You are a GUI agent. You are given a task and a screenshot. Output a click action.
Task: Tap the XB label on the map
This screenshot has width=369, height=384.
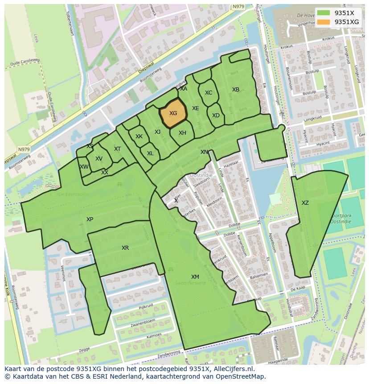236,90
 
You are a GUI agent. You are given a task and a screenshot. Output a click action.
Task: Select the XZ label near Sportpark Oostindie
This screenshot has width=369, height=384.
305,203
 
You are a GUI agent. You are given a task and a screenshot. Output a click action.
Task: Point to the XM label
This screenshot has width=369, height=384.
195,277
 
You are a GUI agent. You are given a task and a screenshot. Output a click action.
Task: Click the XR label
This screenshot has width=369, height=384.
125,248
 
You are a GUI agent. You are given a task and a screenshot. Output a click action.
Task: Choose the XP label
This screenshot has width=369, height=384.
90,219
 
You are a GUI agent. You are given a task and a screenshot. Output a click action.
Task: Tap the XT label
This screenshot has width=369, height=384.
117,149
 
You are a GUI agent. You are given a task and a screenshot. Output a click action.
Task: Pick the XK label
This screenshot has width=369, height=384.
139,136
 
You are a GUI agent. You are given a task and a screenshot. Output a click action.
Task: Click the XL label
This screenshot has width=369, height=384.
150,153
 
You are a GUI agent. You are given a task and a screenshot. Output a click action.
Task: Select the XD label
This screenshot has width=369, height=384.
216,116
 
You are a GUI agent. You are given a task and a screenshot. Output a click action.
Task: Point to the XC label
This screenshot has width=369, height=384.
209,93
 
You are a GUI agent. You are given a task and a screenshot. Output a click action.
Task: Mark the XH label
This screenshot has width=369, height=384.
182,133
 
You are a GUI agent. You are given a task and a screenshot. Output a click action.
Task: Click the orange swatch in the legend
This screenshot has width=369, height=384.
324,22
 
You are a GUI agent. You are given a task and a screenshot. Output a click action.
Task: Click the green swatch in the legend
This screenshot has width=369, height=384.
324,13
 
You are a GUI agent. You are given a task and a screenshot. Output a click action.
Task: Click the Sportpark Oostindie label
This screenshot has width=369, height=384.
340,219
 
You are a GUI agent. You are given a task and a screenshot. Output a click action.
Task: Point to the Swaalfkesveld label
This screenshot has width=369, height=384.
191,283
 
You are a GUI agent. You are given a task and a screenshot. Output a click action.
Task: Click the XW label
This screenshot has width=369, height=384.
84,167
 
